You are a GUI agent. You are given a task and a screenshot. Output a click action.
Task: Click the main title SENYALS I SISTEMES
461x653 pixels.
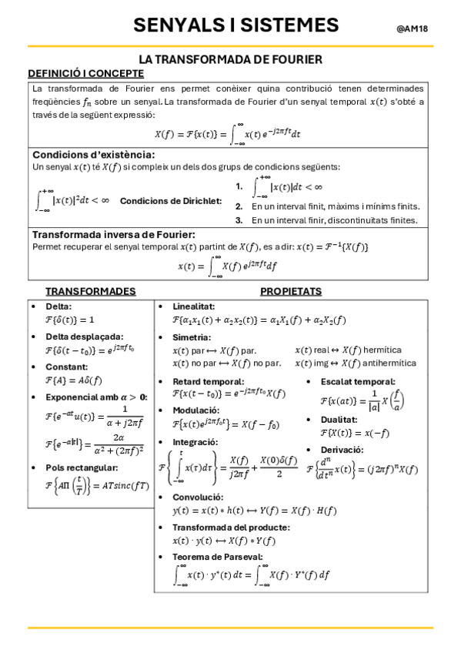236,25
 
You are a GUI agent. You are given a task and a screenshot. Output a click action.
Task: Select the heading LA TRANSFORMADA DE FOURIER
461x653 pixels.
230,59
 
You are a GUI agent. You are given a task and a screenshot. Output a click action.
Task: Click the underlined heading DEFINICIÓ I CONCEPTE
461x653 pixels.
85,73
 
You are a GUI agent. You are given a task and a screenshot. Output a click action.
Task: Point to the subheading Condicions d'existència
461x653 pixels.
94,154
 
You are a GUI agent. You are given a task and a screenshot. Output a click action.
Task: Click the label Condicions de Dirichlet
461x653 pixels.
171,202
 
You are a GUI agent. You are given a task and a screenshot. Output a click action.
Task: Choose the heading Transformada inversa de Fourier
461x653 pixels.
113,234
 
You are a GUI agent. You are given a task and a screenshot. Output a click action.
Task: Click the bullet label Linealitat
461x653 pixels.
193,306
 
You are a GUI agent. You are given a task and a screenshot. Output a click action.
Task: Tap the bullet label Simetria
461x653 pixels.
192,337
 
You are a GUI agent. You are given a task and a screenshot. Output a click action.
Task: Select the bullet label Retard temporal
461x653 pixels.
208,381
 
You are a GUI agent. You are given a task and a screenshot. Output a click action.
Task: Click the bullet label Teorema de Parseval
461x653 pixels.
218,557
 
